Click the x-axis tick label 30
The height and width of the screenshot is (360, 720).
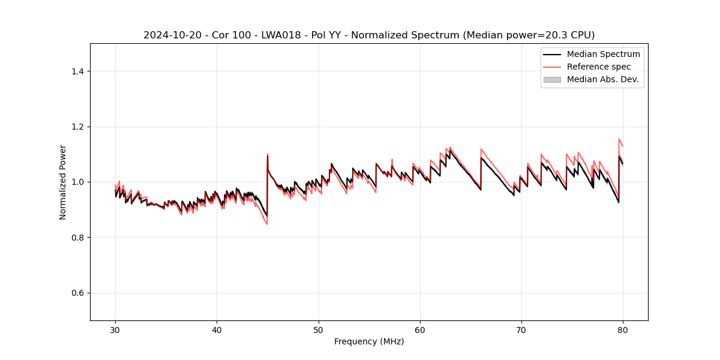click(x=115, y=329)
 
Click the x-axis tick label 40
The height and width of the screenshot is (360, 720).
click(x=217, y=329)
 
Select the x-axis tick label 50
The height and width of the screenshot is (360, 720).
click(x=319, y=329)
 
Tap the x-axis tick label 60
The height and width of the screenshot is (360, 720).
click(x=420, y=329)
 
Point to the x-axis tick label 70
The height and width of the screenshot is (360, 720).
click(x=521, y=329)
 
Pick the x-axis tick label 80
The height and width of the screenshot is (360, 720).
click(x=623, y=329)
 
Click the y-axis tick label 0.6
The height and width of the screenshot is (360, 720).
click(x=77, y=293)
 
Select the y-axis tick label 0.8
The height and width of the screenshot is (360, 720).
click(x=77, y=238)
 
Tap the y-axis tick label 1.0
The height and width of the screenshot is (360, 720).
click(x=77, y=182)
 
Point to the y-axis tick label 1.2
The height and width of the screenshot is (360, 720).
click(x=77, y=127)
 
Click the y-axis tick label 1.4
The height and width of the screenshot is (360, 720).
click(x=77, y=71)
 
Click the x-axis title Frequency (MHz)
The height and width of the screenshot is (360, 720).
click(x=369, y=341)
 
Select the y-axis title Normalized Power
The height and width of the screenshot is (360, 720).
click(x=63, y=182)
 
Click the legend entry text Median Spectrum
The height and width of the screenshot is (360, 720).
click(x=603, y=54)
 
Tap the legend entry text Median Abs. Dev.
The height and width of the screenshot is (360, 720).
click(x=602, y=79)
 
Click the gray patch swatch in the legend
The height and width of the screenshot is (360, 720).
click(x=551, y=79)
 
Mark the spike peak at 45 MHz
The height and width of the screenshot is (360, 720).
click(x=268, y=154)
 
